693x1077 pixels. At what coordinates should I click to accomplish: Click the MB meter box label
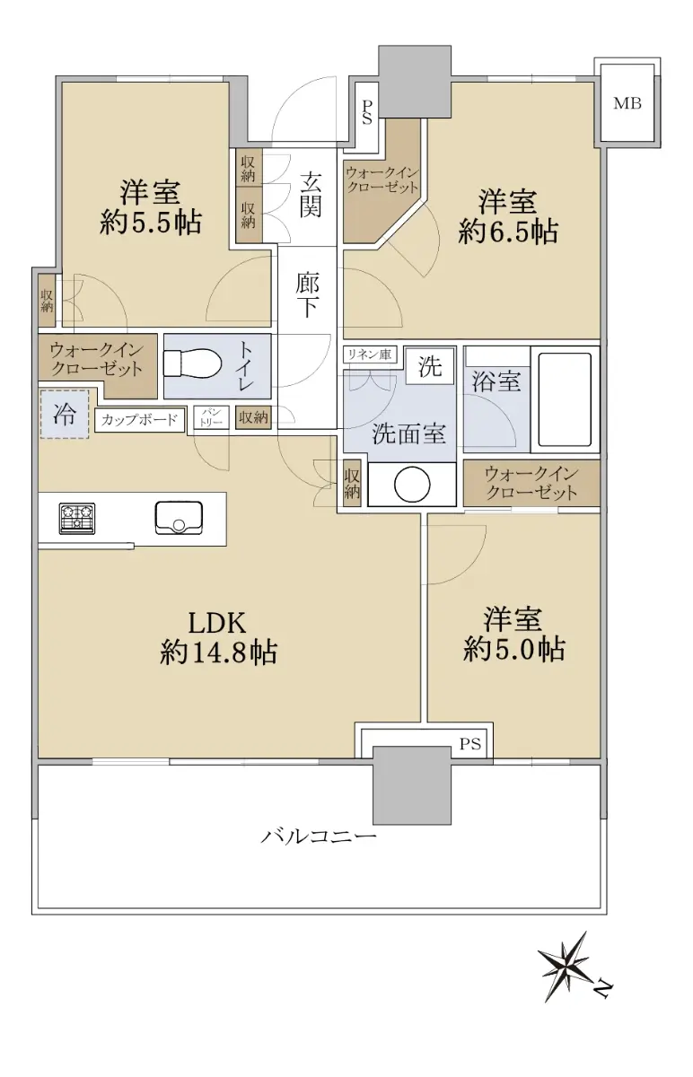[627, 103]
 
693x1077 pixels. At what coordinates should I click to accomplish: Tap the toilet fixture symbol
[192, 363]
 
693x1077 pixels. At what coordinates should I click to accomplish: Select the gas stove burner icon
[77, 519]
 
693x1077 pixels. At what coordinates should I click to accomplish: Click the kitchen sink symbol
[179, 518]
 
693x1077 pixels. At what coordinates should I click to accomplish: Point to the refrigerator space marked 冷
[65, 414]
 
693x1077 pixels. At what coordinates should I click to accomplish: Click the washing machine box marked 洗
[430, 366]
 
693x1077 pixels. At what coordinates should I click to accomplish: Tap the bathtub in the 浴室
[565, 400]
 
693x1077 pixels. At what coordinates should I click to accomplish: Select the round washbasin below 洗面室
[412, 485]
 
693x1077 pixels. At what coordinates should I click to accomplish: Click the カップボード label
[139, 420]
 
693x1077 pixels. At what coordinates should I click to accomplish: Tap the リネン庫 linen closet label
[369, 355]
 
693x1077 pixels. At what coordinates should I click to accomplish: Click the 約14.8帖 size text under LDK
[218, 652]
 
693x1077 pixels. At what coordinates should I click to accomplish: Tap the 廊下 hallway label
[307, 295]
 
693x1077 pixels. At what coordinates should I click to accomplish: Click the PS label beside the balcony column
[469, 744]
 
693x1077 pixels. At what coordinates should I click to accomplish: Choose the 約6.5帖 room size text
[508, 232]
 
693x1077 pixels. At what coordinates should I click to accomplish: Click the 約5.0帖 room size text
[514, 650]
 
